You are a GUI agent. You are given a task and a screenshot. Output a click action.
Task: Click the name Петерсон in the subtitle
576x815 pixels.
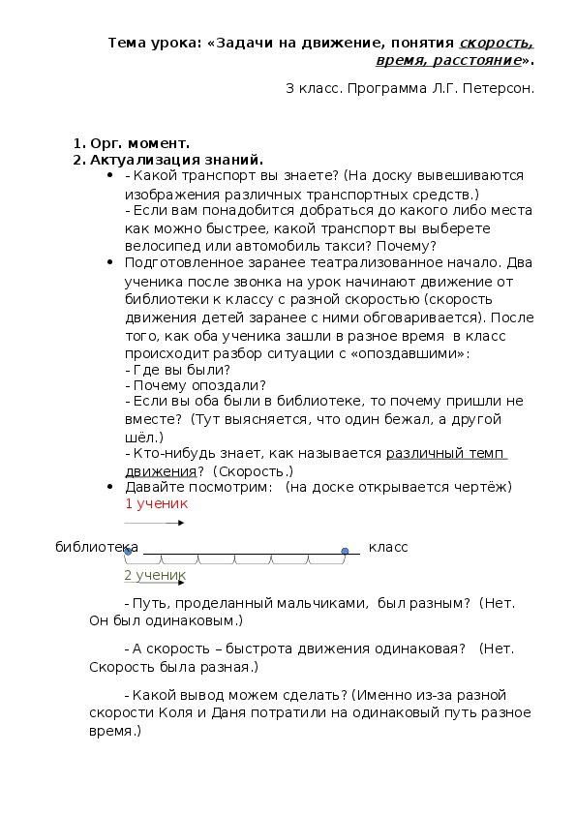[499, 88]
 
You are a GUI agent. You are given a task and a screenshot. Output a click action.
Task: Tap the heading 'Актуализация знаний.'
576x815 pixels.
[176, 160]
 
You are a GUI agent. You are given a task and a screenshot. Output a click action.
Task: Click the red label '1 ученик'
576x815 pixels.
[156, 503]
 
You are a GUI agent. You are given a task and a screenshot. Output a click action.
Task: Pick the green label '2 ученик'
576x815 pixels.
[155, 575]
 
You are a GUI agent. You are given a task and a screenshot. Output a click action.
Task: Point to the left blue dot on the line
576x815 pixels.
[128, 551]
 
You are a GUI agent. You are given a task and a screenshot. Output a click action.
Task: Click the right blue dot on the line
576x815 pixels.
[345, 551]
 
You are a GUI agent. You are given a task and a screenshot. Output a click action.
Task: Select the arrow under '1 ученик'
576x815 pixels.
[167, 523]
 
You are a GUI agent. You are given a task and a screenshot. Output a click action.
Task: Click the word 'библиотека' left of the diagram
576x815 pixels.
[96, 547]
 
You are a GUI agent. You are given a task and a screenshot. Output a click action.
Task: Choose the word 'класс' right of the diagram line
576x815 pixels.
[388, 547]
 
